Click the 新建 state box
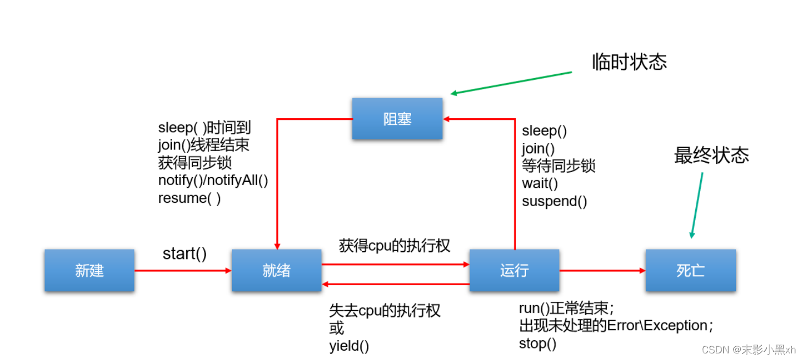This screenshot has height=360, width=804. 90,270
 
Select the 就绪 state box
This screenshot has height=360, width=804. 276,270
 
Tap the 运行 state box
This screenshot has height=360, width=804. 514,270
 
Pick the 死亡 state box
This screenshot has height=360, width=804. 690,270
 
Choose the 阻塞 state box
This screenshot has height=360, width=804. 397,119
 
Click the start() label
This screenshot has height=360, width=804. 185,254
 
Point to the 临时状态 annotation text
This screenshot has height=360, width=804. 629,62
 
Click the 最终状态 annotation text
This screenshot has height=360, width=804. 711,156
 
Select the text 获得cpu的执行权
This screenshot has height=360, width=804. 395,246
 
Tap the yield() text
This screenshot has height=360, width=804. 349,346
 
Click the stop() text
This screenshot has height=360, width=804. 537,344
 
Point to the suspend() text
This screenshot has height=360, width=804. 554,201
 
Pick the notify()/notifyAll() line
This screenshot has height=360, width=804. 213,181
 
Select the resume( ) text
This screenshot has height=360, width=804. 190,198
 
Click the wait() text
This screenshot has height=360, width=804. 540,184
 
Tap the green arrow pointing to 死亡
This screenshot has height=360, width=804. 697,206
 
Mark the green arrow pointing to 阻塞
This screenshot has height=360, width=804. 511,83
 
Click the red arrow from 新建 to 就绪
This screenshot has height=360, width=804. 182,270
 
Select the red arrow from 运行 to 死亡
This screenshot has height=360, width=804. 602,270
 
